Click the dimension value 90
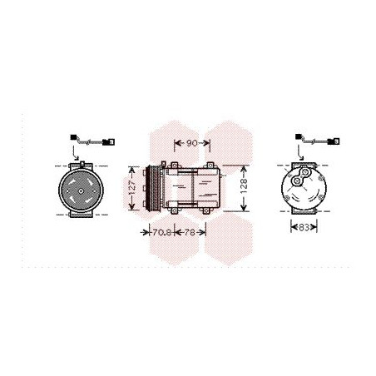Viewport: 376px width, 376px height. [x=192, y=143]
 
